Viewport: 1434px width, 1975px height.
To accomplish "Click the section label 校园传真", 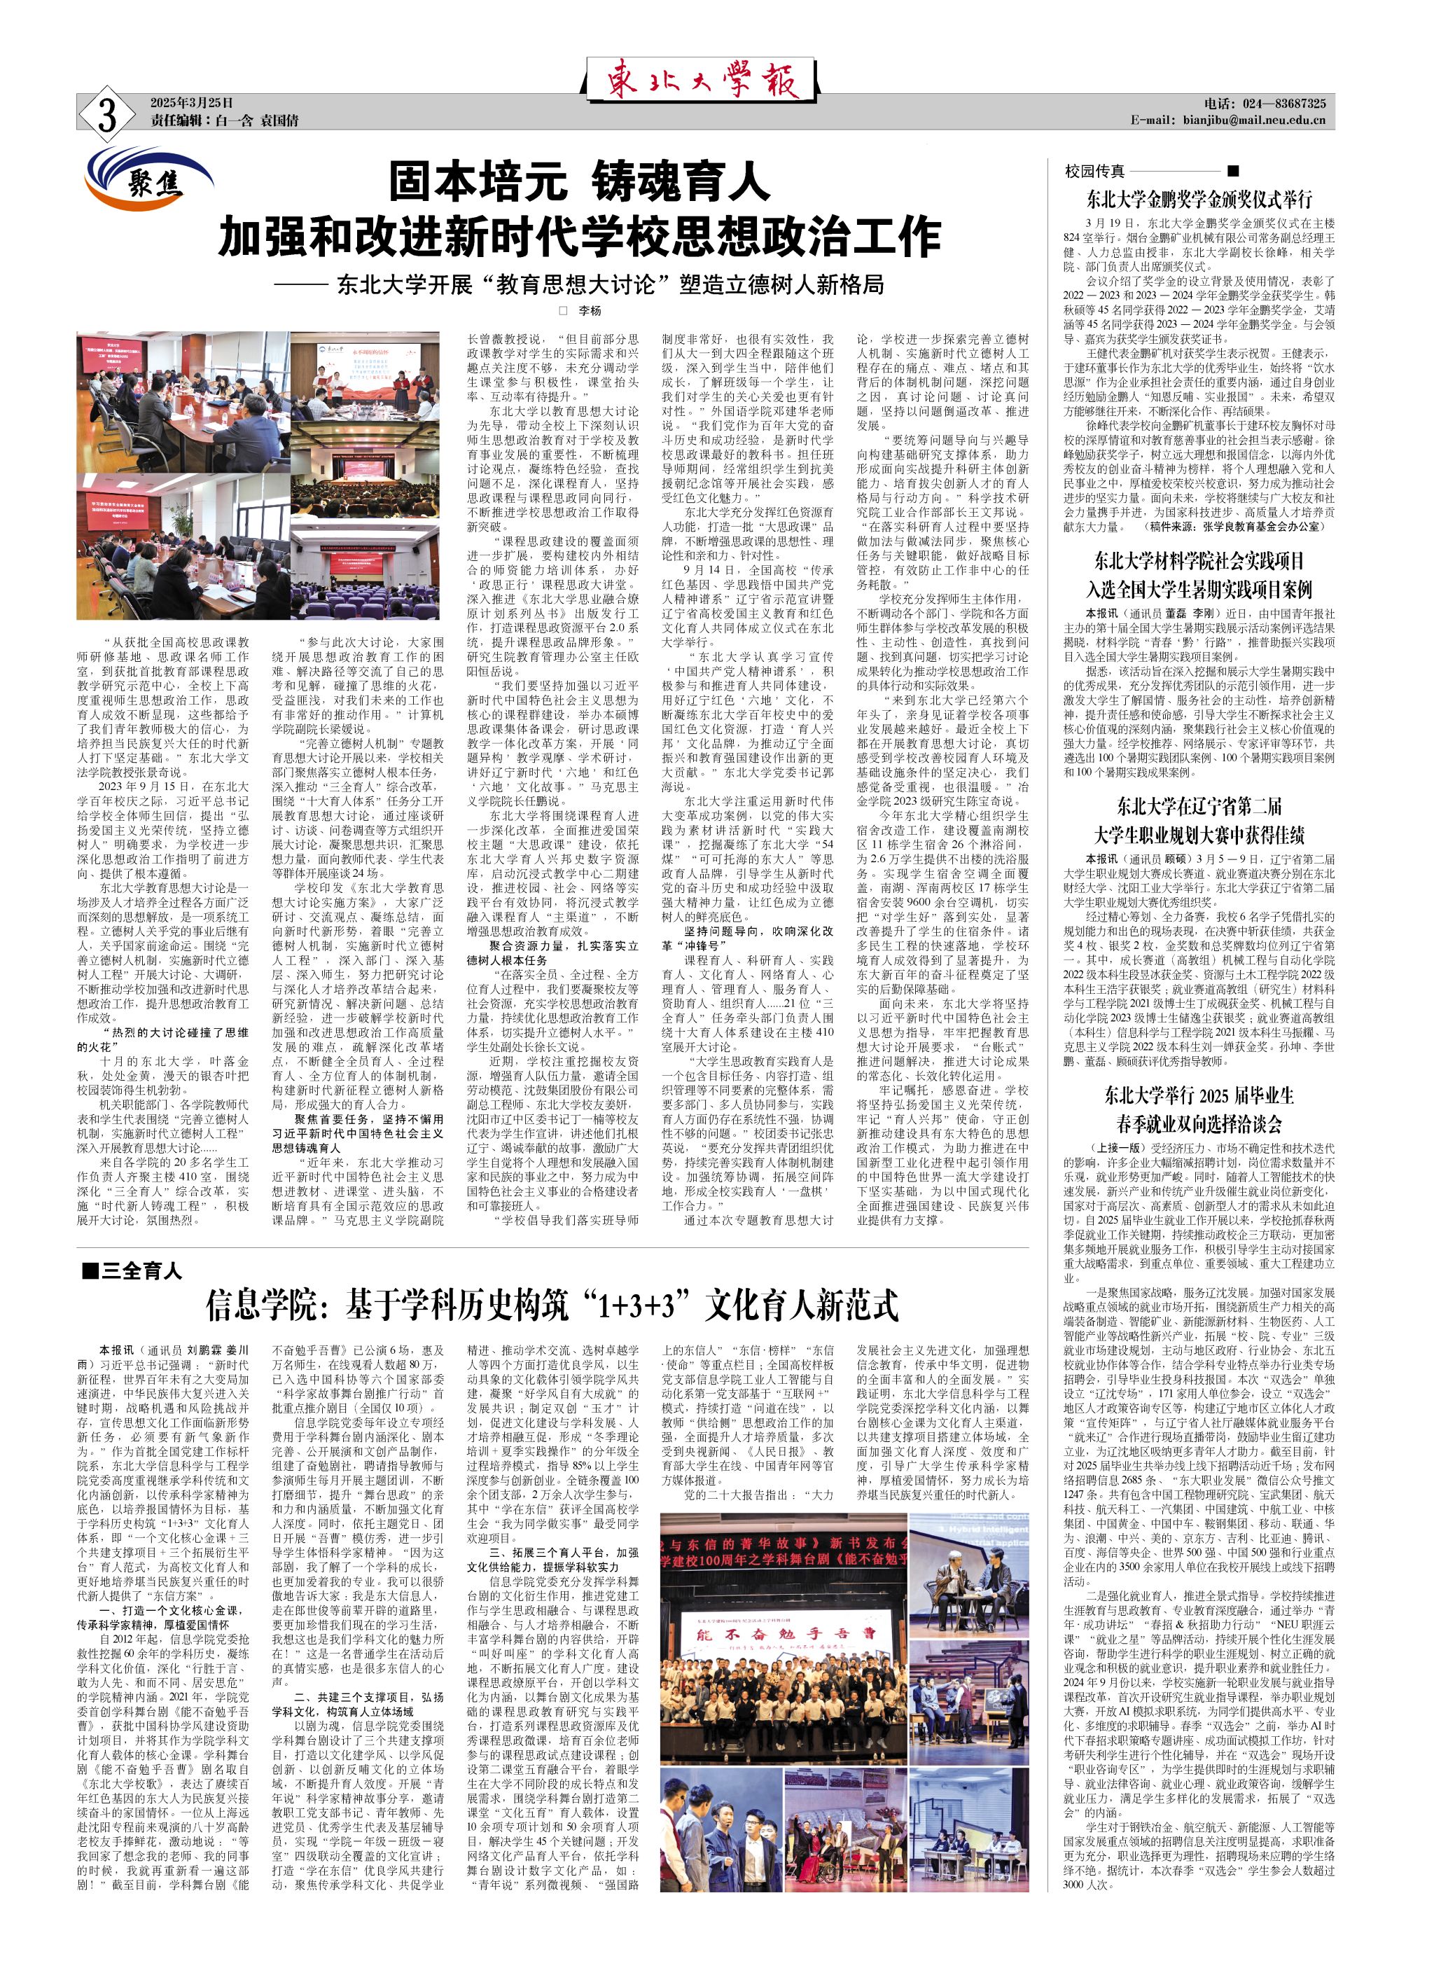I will pos(1094,171).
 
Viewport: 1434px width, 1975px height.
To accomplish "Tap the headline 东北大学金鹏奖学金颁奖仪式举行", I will pos(1199,197).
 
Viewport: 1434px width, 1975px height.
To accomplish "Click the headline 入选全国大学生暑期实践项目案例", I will pos(1199,589).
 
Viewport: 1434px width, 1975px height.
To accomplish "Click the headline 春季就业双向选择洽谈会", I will pos(1199,1123).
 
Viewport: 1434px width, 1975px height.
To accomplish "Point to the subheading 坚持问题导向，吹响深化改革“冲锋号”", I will pos(746,937).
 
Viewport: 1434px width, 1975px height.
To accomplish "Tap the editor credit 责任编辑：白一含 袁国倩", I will pos(224,120).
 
